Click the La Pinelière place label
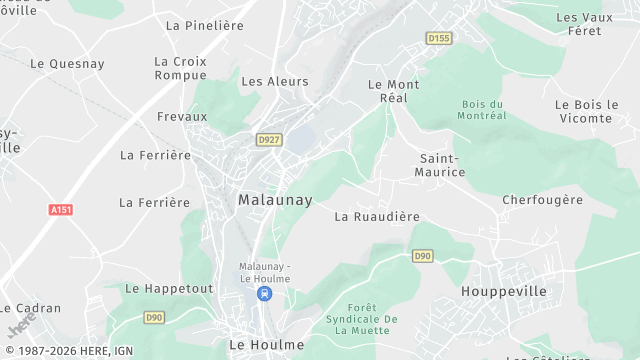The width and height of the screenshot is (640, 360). (205, 25)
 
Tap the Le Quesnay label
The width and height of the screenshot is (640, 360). (67, 63)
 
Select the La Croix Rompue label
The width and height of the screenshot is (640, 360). (181, 68)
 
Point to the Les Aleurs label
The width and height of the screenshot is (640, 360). (275, 81)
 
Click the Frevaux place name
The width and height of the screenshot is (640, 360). (182, 116)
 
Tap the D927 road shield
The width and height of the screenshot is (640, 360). (267, 140)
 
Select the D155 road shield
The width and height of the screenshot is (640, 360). (438, 38)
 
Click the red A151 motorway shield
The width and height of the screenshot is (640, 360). (61, 210)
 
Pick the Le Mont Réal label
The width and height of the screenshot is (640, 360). (394, 91)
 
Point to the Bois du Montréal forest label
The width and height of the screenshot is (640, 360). (485, 110)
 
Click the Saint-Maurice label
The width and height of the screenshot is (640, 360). (441, 165)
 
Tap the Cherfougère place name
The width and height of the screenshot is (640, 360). (542, 200)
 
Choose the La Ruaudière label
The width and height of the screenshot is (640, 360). (377, 216)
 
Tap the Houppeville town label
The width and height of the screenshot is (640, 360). (504, 291)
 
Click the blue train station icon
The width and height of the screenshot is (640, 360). (264, 294)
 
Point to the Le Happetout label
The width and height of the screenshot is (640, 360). (169, 288)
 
